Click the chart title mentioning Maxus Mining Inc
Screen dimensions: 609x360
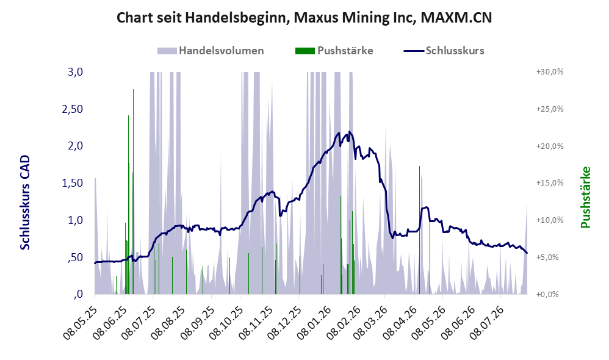coord(304,18)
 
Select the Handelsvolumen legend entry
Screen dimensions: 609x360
coord(211,51)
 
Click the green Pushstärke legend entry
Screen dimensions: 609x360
coord(334,51)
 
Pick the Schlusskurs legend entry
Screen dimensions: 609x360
coord(444,51)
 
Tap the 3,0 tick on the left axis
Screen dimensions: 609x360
coord(75,72)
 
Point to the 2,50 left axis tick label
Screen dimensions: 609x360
coord(72,109)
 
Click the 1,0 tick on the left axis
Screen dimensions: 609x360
coord(75,220)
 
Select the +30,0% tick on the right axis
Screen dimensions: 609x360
coord(550,72)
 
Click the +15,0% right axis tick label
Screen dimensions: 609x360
coord(550,183)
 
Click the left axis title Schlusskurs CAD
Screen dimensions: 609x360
coord(25,203)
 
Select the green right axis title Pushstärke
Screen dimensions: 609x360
coord(585,197)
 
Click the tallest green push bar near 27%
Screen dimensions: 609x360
coord(133,192)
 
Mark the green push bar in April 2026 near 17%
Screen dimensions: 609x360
coord(419,230)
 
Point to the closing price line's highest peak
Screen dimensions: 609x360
coord(350,132)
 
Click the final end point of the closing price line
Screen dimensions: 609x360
coord(527,253)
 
